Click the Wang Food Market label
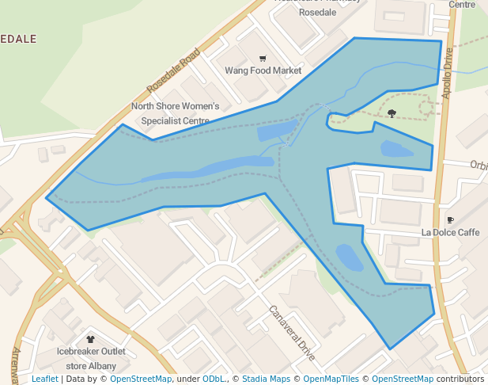[263, 71]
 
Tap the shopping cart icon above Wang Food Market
[263, 58]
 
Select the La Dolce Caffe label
[450, 232]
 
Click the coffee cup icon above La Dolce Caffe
[450, 219]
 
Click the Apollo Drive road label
[448, 72]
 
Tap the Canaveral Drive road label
[292, 333]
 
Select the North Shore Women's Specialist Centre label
[175, 113]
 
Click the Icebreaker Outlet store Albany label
[91, 359]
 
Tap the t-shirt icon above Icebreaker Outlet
[90, 338]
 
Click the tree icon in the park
[392, 112]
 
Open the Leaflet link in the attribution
[44, 379]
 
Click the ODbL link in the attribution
[214, 379]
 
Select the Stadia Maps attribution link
[266, 379]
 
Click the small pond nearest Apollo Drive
[395, 149]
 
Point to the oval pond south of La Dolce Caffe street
[348, 257]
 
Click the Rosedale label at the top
[317, 13]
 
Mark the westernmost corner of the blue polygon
[47, 197]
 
